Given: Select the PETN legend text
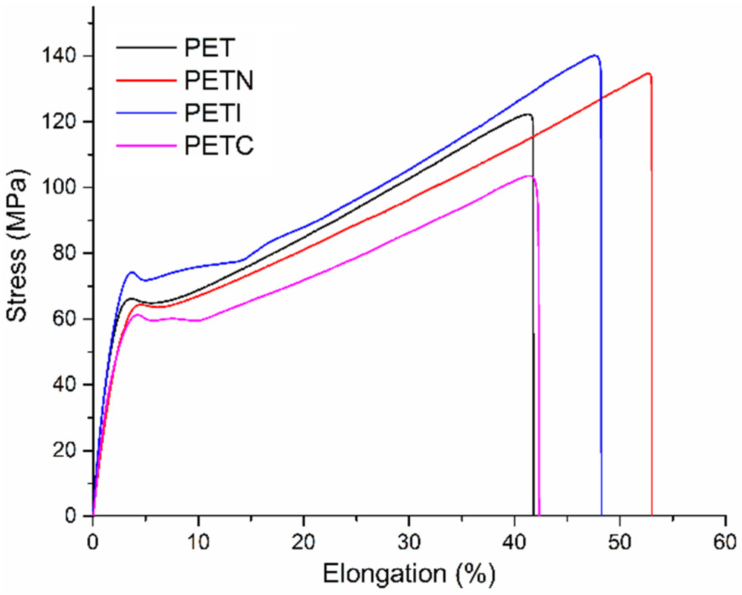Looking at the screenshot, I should tap(219, 80).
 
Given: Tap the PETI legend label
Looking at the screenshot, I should tap(212, 113).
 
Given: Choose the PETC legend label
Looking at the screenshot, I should tap(219, 145).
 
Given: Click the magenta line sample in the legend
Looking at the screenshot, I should tap(145, 145).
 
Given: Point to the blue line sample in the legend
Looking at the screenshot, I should tap(145, 113).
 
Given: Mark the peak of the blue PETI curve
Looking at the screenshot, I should tap(594, 55).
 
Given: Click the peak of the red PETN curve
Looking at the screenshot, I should tap(648, 74).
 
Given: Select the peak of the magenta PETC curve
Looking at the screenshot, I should tap(529, 176).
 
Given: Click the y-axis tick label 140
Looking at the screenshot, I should tap(58, 56).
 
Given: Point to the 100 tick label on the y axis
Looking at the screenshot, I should tap(58, 187).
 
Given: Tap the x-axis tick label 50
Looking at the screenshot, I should tap(619, 542).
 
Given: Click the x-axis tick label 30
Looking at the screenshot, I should tap(408, 542).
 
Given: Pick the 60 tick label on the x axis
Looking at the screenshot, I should tap(724, 542).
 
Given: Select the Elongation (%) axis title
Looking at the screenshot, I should tap(408, 574).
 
